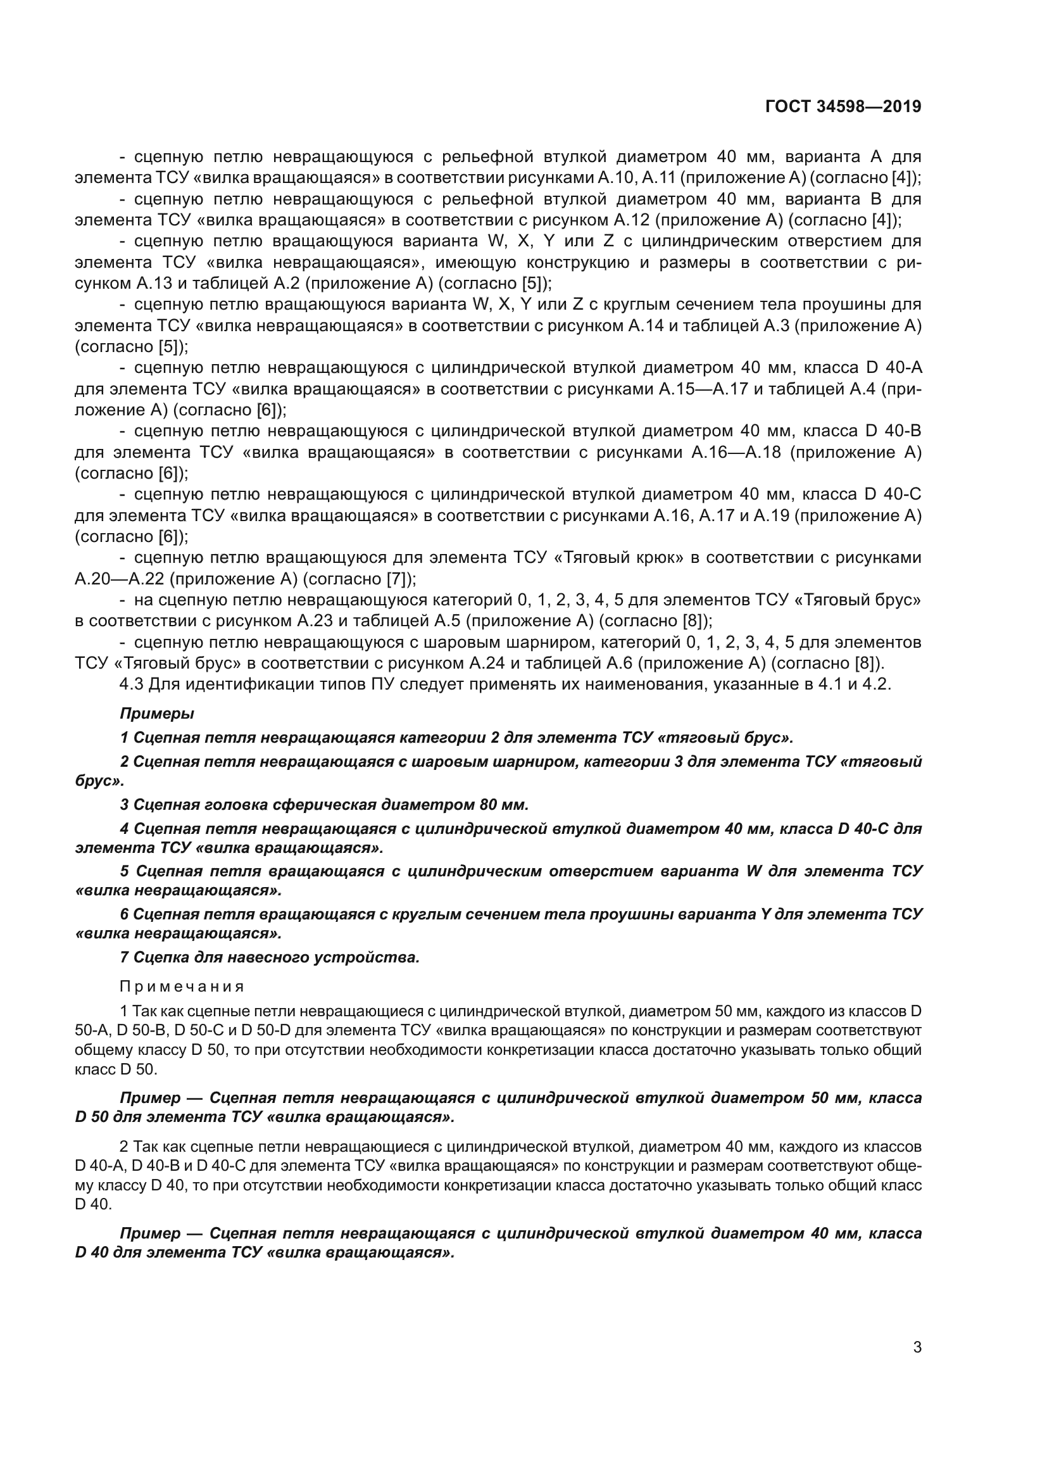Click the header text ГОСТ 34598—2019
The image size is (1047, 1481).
pyautogui.click(x=843, y=106)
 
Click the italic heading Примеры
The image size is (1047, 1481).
pyautogui.click(x=156, y=714)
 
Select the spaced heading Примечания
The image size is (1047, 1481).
pyautogui.click(x=182, y=986)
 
